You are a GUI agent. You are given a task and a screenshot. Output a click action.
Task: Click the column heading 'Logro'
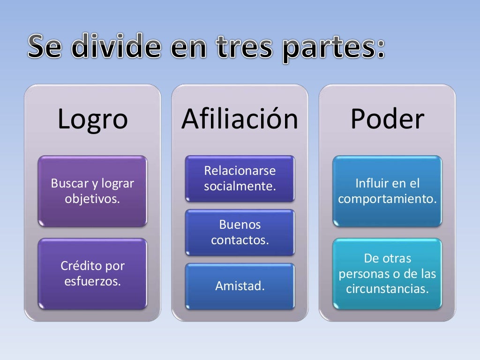click(x=92, y=119)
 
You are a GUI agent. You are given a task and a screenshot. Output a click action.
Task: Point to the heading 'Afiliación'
click(x=240, y=119)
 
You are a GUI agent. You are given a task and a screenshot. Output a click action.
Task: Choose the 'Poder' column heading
click(x=387, y=119)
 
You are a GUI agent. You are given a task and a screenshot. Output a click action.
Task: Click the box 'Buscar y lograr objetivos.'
click(x=92, y=191)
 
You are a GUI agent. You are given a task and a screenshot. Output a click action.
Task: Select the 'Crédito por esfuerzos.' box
click(x=92, y=274)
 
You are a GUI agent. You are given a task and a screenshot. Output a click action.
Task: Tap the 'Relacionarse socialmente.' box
click(x=240, y=178)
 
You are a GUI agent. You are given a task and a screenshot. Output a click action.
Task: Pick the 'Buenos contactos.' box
click(x=240, y=232)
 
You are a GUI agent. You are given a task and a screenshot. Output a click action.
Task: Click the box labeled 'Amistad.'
click(x=240, y=286)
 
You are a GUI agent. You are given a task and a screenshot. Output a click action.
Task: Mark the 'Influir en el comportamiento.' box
click(x=387, y=191)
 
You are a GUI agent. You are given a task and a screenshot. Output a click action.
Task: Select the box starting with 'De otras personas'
click(x=387, y=274)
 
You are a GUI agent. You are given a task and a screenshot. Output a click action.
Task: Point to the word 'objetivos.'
click(x=92, y=199)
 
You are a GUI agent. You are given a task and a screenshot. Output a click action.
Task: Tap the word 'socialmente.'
click(x=240, y=186)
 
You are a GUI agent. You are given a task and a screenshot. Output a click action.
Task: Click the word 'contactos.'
click(x=240, y=240)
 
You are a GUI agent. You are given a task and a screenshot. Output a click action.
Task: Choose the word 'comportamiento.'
click(x=387, y=199)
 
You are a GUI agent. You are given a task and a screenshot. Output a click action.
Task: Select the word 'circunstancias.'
click(x=387, y=288)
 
